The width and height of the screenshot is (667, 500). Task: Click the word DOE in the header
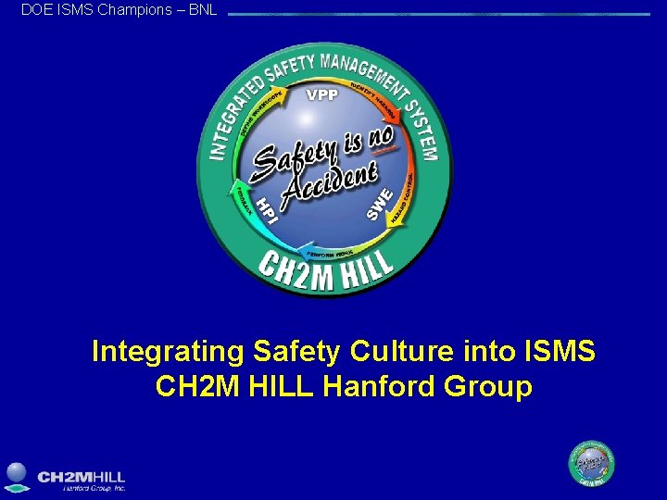tap(37, 9)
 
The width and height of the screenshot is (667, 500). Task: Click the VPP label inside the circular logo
tap(322, 94)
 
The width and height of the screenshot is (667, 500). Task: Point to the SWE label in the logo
tap(381, 204)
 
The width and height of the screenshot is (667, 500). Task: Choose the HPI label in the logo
tap(266, 209)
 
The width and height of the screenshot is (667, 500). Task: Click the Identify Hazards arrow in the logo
tap(376, 100)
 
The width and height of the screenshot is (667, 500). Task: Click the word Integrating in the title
tap(167, 352)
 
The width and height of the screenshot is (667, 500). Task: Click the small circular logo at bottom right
tap(591, 463)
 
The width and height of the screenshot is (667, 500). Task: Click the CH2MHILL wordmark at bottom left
tap(82, 476)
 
